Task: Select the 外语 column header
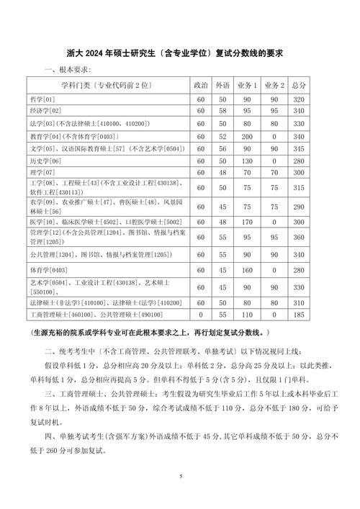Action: pyautogui.click(x=223, y=85)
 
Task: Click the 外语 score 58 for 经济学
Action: pyautogui.click(x=223, y=111)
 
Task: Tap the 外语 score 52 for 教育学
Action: pyautogui.click(x=223, y=135)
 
